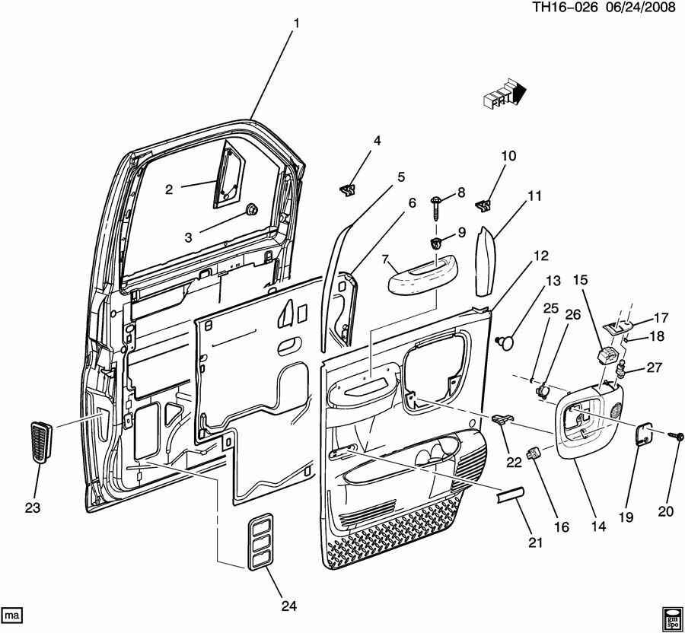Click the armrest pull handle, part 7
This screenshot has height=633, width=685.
tap(416, 276)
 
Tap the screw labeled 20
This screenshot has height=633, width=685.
tap(673, 437)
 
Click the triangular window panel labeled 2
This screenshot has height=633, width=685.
tap(229, 173)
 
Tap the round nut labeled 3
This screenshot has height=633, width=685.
tap(252, 209)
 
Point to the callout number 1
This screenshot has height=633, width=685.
tap(296, 24)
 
